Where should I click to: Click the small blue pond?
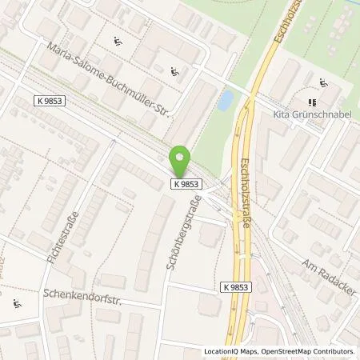pos(226,100)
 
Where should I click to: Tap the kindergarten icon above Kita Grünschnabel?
pos(323,83)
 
